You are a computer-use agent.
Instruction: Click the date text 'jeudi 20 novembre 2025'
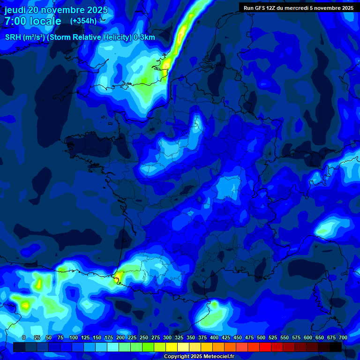pos(56,10)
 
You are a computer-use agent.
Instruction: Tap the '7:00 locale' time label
pos(33,21)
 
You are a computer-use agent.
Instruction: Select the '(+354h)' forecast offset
pos(83,21)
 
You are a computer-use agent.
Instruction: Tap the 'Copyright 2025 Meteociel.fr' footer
pos(199,357)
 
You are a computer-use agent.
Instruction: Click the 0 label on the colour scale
pos(24,337)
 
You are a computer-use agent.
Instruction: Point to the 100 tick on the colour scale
pos(74,337)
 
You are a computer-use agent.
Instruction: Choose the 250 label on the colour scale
pos(144,337)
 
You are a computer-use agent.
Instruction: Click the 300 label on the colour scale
pos(167,337)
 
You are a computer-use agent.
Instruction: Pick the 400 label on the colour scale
pos(214,337)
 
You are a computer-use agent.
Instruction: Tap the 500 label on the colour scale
pos(261,337)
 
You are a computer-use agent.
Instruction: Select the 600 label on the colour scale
pos(308,337)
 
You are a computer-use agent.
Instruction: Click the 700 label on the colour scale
pos(343,337)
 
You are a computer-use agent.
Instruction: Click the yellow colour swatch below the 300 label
pos(172,347)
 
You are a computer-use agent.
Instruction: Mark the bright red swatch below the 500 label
pos(265,347)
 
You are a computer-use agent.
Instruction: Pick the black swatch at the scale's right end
pos(336,347)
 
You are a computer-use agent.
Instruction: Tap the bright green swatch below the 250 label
pos(148,347)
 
